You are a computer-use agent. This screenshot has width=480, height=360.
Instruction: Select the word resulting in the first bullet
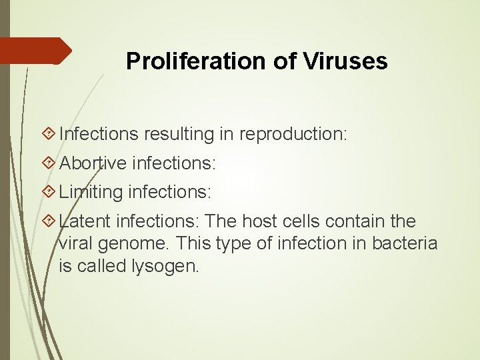pyautogui.click(x=177, y=134)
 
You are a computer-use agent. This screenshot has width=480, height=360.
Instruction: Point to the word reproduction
pyautogui.click(x=293, y=134)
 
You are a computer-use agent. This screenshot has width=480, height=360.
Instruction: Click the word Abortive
pyautogui.click(x=93, y=163)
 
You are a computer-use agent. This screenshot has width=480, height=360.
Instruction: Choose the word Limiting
pyautogui.click(x=91, y=193)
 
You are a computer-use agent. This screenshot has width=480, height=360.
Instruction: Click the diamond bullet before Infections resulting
pyautogui.click(x=48, y=134)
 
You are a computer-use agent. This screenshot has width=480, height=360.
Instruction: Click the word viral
pyautogui.click(x=77, y=244)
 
